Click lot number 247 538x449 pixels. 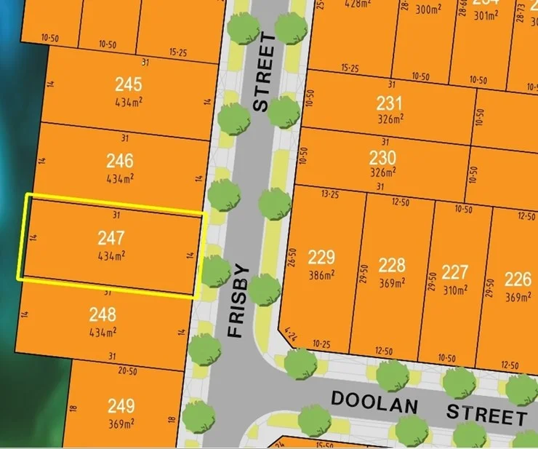pyautogui.click(x=111, y=237)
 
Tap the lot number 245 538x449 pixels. pyautogui.click(x=129, y=84)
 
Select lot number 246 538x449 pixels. pyautogui.click(x=119, y=160)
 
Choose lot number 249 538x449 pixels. pyautogui.click(x=121, y=406)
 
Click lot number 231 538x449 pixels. pyautogui.click(x=389, y=103)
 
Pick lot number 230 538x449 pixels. pyautogui.click(x=382, y=158)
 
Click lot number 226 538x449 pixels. pyautogui.click(x=518, y=279)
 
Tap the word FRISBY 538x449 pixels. pyautogui.click(x=241, y=301)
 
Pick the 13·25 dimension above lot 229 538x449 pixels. pyautogui.click(x=330, y=194)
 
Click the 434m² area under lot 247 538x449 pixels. pyautogui.click(x=111, y=255)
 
